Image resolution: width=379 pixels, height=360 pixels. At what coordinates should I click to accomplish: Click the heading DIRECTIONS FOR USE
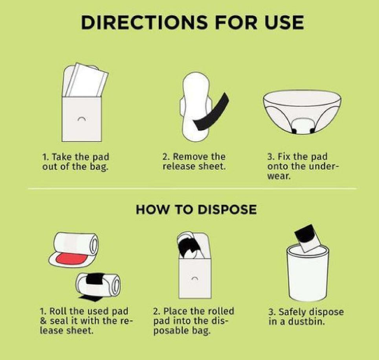pos(192,22)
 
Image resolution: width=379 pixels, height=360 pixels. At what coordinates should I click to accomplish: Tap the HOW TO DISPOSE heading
pos(196,209)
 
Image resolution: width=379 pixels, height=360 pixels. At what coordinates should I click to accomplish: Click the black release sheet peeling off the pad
pos(210,113)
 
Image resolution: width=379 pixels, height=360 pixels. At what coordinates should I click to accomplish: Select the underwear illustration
pos(302,112)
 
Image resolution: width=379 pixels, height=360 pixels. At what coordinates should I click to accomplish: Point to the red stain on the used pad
pos(71,259)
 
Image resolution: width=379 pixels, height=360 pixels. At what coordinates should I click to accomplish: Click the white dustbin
pos(308,273)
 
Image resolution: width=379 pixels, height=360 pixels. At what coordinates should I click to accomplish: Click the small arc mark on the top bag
pos(81,119)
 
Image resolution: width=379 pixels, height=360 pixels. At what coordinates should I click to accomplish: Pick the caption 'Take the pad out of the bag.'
pos(76,162)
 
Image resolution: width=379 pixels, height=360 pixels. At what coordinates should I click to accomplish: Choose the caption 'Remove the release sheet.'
pos(194,161)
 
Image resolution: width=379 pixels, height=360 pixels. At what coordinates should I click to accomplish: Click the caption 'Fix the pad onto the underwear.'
pos(303,166)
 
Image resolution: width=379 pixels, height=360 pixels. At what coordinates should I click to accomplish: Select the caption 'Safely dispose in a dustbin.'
pos(306,317)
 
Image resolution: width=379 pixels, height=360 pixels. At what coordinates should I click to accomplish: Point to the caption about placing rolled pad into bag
pos(194,321)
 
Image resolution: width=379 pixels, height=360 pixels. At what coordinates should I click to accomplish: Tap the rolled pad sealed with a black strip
pos(98,284)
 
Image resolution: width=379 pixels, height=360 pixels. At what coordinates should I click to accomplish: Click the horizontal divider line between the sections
pos(192,189)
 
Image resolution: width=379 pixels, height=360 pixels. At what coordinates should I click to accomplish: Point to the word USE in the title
pos(284,22)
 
